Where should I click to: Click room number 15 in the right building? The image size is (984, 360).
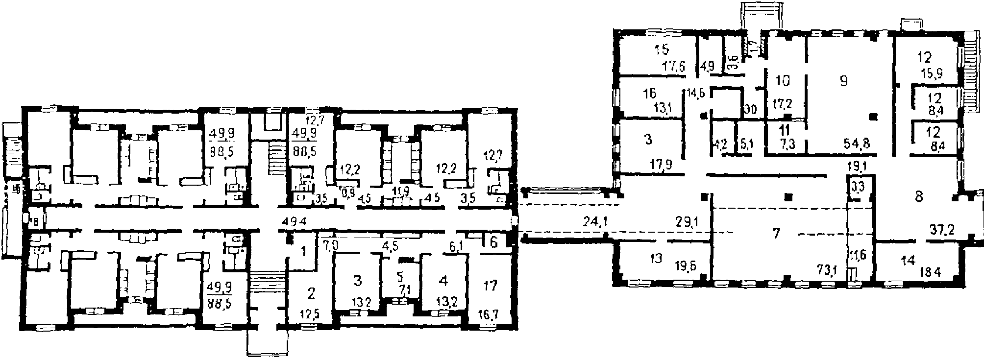coord(662,49)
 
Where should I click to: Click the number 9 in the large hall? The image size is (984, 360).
coord(843,81)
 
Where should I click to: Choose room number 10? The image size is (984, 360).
coord(783,81)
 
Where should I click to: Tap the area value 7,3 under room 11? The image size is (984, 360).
coord(784,144)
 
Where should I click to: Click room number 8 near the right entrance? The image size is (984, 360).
coord(918,197)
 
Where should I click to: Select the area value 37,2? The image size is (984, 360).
coord(940,229)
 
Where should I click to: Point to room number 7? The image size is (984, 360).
coord(775,233)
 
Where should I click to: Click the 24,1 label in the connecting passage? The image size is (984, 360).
coord(596,222)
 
